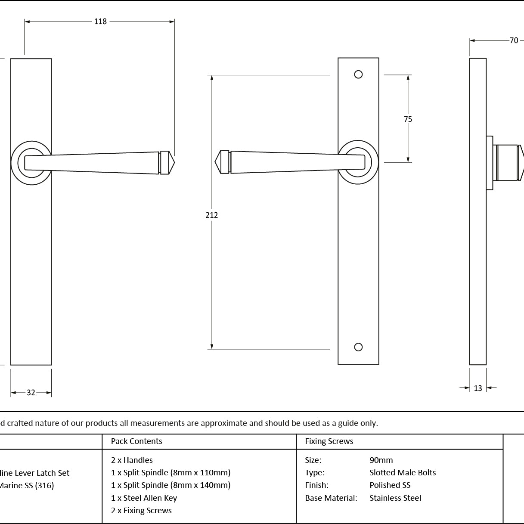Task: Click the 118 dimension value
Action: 100,22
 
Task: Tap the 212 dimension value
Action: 212,215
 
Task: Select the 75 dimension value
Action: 408,119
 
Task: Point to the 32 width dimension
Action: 31,393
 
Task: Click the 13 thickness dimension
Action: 478,388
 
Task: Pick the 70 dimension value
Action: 514,40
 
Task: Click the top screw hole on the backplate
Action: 358,74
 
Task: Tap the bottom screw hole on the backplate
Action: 358,347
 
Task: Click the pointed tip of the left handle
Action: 173,163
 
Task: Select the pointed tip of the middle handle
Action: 217,162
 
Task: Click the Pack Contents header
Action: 136,441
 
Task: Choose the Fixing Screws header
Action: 329,441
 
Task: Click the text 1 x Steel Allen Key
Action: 144,498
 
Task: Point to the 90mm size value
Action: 381,460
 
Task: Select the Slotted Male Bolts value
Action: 403,473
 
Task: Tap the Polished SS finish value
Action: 390,485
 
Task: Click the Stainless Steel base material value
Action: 395,498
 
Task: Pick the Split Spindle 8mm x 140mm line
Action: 171,485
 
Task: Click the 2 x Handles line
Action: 132,460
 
